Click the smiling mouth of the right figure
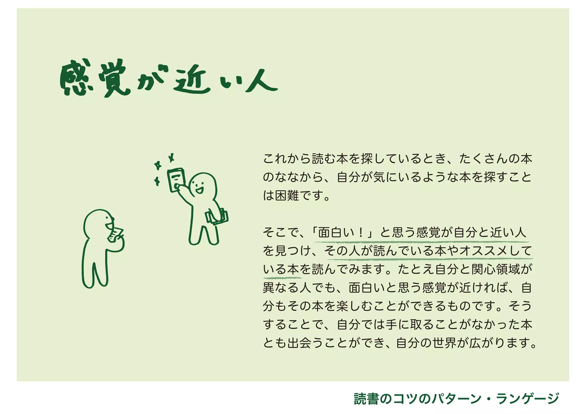coord(199,189)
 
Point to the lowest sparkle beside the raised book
coord(157,181)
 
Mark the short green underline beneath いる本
coord(282,277)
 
